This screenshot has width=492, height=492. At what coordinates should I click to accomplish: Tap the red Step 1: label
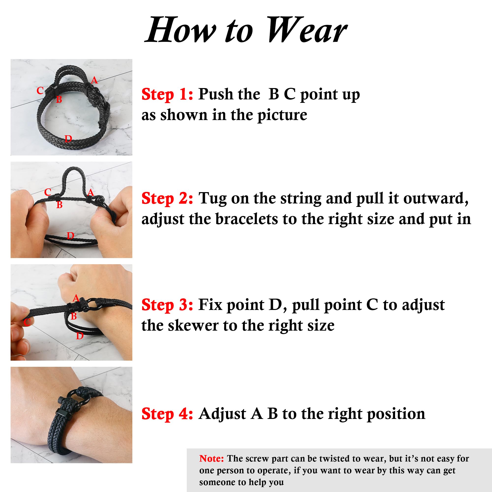[167, 94]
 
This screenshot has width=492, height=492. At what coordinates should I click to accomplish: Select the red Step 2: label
[167, 198]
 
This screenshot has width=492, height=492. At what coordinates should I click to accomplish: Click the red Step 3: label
[167, 305]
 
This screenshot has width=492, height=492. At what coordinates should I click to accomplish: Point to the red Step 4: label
[167, 414]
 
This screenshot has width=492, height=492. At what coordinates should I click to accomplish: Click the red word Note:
[211, 458]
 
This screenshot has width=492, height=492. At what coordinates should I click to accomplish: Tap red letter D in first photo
[68, 139]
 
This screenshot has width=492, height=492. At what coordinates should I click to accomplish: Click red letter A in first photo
[94, 80]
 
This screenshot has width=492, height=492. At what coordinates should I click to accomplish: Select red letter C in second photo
[48, 192]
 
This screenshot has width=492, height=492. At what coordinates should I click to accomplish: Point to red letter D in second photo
[70, 236]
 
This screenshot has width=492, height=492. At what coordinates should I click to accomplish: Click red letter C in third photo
[27, 323]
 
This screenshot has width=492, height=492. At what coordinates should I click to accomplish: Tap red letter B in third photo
[74, 316]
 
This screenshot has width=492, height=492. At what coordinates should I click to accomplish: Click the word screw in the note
[258, 458]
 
